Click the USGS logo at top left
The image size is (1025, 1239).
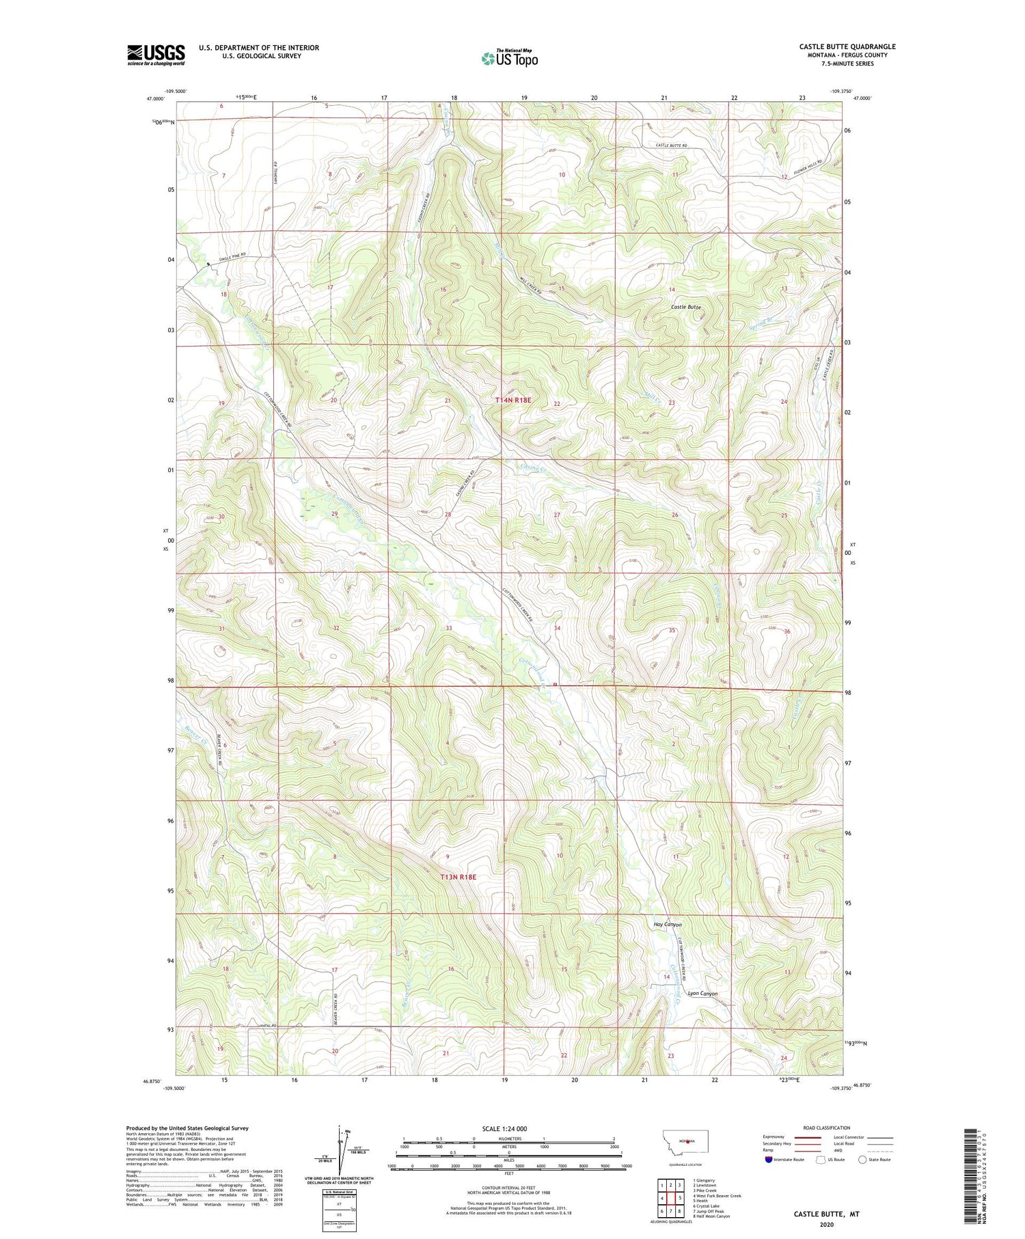pos(156,55)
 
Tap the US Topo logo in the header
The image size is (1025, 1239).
pos(509,59)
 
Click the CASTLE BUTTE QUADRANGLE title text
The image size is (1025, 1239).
pos(847,46)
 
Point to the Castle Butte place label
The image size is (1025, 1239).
pos(685,308)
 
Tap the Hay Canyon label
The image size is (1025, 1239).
pos(667,925)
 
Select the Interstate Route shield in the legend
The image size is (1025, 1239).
pos(768,1160)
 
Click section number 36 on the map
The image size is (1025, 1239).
pos(787,631)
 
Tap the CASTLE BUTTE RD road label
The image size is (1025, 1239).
pos(670,146)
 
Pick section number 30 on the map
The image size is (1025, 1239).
pos(221,517)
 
